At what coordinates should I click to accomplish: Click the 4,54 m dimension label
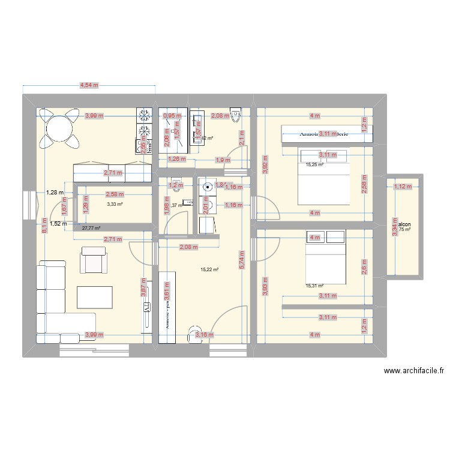click(x=90, y=86)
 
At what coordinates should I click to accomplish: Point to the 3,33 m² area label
click(x=115, y=204)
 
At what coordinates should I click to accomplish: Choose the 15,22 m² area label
click(x=209, y=269)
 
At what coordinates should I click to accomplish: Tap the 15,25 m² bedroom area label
click(x=314, y=164)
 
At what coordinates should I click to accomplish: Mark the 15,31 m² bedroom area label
click(x=314, y=286)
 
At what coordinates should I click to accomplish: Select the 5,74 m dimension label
click(x=242, y=260)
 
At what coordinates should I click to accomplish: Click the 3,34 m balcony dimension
click(x=394, y=226)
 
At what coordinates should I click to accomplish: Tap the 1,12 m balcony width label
click(x=403, y=187)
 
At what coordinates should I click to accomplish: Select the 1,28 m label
click(x=55, y=192)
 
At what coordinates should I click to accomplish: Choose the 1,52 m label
click(x=58, y=223)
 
